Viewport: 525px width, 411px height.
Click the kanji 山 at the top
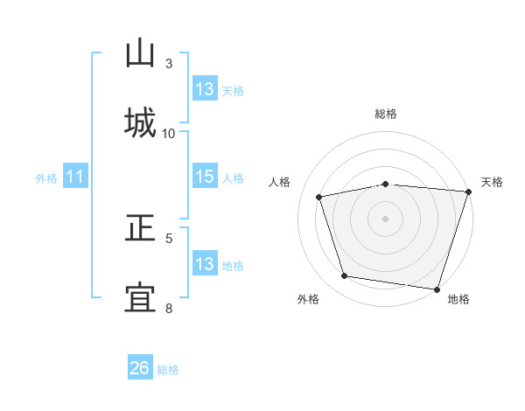point(140,53)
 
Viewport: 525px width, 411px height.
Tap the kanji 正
point(140,230)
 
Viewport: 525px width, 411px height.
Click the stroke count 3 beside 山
point(169,64)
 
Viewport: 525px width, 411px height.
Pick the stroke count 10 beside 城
point(169,133)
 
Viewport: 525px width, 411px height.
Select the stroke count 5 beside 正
point(169,237)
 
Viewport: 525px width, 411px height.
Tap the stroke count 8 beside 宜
point(169,308)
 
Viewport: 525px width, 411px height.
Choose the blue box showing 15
point(204,177)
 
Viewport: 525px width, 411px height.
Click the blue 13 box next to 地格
point(204,264)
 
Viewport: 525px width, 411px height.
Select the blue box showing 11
point(75,178)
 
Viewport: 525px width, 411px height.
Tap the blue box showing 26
point(140,368)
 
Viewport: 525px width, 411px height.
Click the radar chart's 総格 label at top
point(386,114)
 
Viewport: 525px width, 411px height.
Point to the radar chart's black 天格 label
point(492,182)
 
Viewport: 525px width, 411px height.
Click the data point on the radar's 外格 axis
point(345,276)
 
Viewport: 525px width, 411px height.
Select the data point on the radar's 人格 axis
point(319,197)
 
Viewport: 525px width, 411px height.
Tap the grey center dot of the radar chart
point(386,218)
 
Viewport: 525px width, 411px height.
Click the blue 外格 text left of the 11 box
point(46,178)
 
